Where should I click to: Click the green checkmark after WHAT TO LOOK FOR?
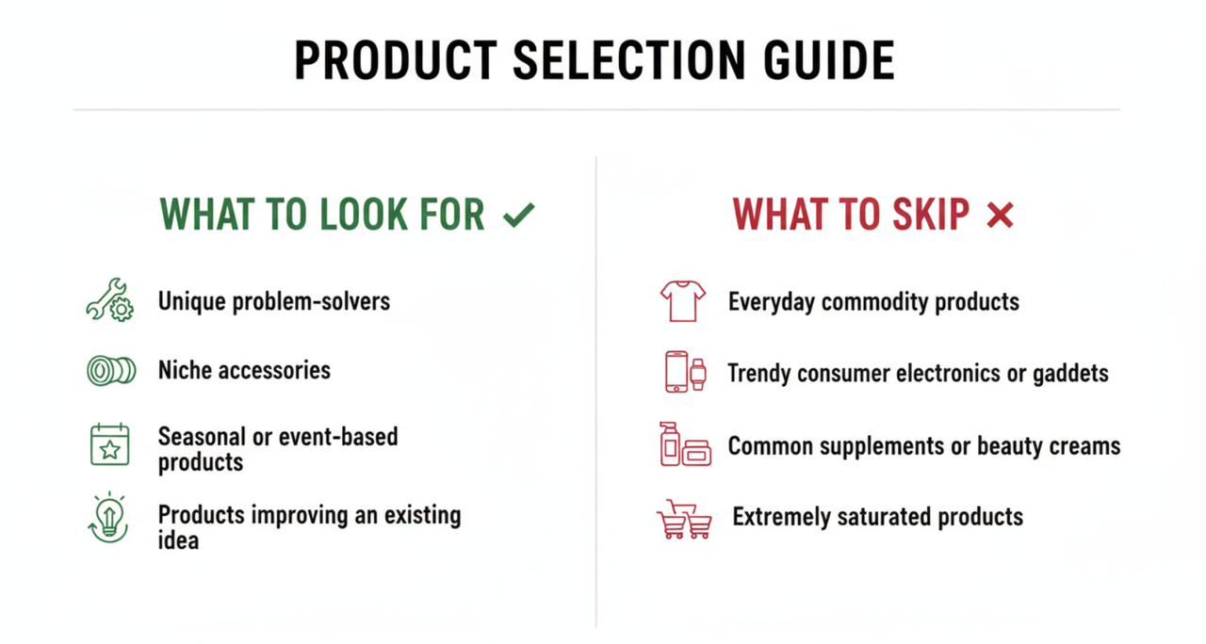(518, 216)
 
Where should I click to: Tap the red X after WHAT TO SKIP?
(1000, 216)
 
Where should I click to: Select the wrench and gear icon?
(110, 300)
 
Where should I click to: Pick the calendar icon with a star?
(110, 444)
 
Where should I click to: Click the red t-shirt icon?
(683, 301)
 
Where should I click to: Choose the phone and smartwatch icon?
(685, 372)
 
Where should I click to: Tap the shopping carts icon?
(684, 519)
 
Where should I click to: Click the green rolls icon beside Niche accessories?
(110, 371)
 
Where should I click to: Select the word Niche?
(184, 370)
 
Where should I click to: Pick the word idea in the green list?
(178, 540)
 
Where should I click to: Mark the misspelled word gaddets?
(1066, 374)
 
